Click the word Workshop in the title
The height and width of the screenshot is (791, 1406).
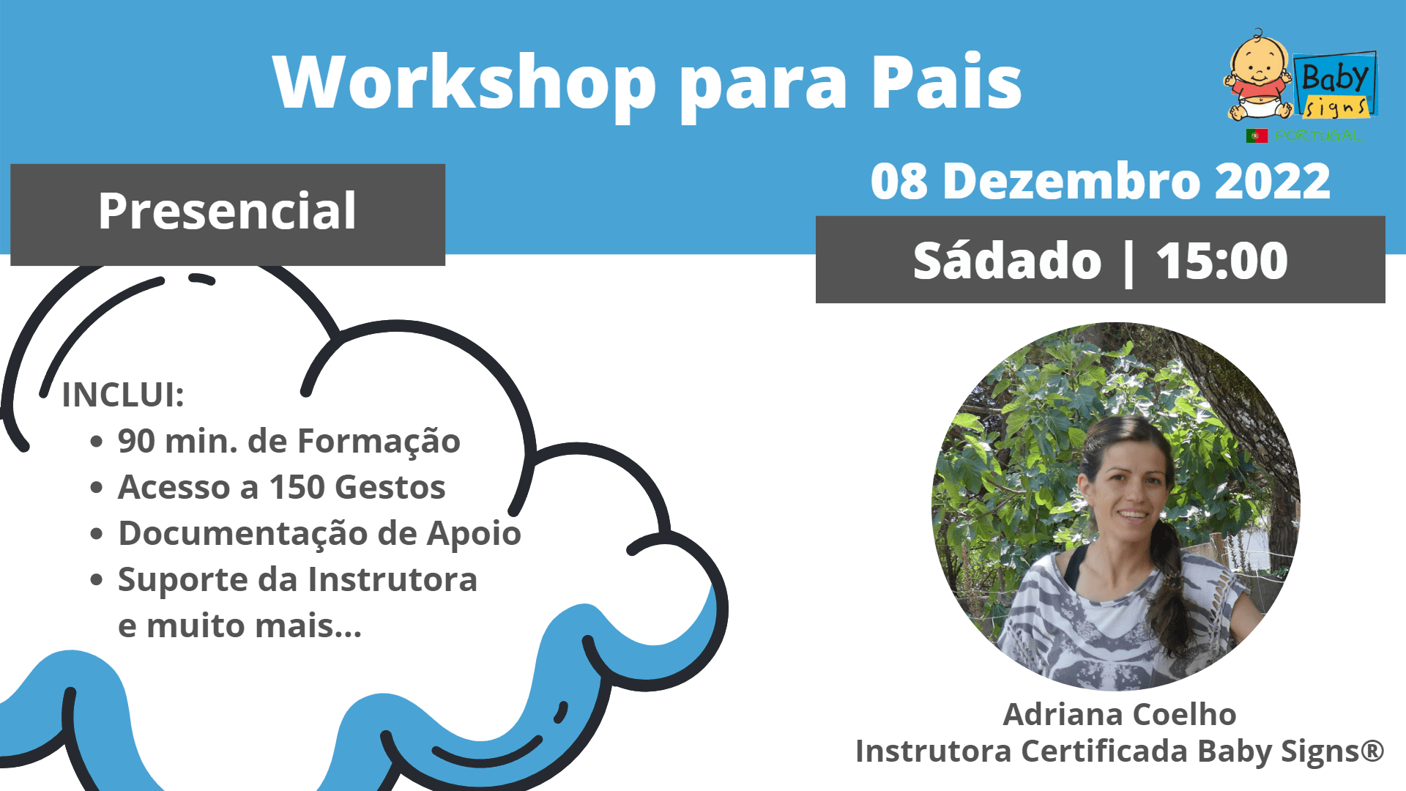[x=464, y=82]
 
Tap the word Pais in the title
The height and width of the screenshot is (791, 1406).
[x=946, y=82]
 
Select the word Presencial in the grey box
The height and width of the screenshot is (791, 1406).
[x=227, y=212]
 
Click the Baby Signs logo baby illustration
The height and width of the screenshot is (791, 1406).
[x=1258, y=75]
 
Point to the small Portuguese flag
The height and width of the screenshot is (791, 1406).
[x=1257, y=135]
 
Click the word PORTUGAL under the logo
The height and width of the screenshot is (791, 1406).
[x=1319, y=135]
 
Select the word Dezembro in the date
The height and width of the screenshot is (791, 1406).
[x=1072, y=181]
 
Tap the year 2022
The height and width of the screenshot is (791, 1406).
[x=1272, y=181]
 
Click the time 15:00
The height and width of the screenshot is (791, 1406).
[x=1221, y=261]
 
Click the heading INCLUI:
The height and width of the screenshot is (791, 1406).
[x=123, y=395]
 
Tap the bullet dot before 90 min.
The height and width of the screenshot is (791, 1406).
[x=97, y=442]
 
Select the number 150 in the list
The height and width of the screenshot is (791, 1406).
[x=297, y=487]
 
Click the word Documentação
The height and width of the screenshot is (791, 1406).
[x=242, y=534]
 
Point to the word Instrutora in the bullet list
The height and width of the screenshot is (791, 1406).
[x=393, y=579]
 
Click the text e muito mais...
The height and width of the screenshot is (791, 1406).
[x=239, y=626]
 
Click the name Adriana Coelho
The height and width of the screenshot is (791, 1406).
[x=1119, y=714]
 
